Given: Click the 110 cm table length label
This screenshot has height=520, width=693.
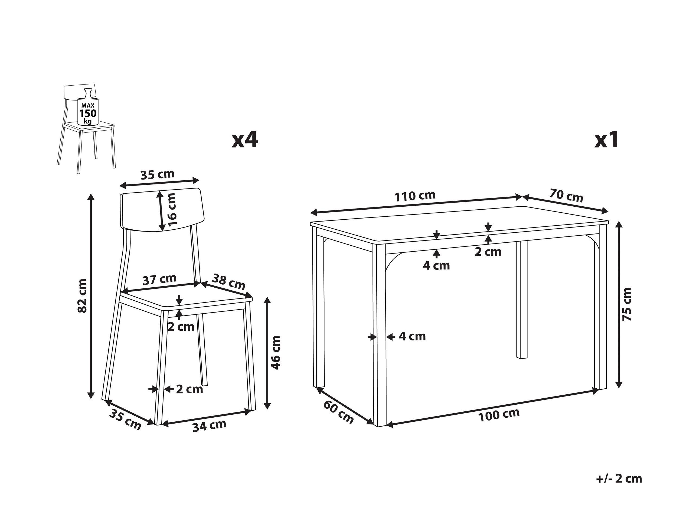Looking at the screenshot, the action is pyautogui.click(x=415, y=196).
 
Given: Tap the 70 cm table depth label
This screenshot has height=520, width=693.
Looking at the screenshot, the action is pyautogui.click(x=566, y=196).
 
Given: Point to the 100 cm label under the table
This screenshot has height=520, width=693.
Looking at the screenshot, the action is pyautogui.click(x=499, y=415).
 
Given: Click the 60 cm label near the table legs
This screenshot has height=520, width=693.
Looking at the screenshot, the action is pyautogui.click(x=338, y=412).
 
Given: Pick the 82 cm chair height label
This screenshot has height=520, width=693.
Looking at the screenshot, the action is pyautogui.click(x=82, y=295).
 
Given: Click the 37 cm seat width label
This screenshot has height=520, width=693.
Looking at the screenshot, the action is pyautogui.click(x=159, y=279).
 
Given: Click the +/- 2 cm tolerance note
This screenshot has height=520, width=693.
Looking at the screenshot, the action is pyautogui.click(x=619, y=479).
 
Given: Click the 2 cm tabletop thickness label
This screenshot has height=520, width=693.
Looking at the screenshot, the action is pyautogui.click(x=488, y=252).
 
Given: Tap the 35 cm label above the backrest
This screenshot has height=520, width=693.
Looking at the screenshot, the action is pyautogui.click(x=157, y=175).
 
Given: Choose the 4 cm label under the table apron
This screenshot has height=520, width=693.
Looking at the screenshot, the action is pyautogui.click(x=436, y=266).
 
